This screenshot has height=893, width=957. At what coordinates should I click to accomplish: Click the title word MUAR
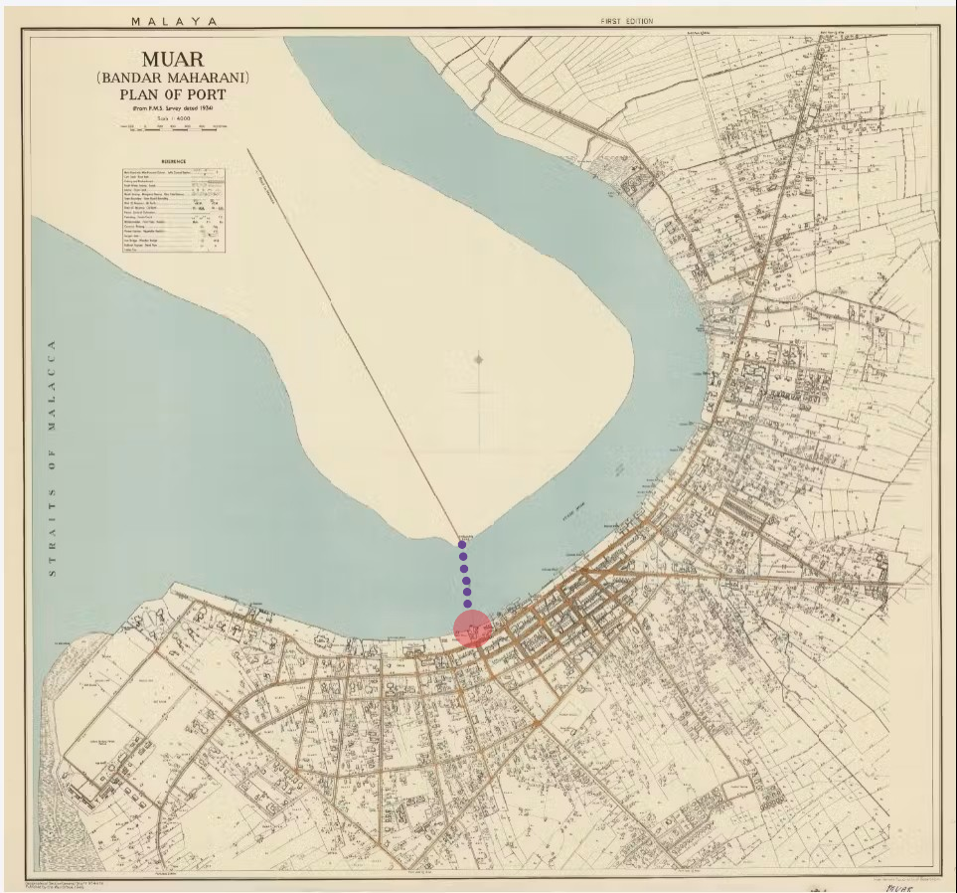(172, 59)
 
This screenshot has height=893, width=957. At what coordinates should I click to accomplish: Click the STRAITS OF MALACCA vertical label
(51, 457)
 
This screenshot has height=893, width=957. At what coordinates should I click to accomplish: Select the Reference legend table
(173, 209)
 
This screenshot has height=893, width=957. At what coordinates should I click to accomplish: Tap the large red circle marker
(473, 628)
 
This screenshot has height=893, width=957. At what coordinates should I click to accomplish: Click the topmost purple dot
(462, 544)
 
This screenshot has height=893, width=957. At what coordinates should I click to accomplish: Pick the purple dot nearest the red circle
(467, 604)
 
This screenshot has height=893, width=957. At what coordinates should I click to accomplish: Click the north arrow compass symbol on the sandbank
(479, 360)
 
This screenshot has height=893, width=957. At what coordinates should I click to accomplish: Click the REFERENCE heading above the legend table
(173, 160)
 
